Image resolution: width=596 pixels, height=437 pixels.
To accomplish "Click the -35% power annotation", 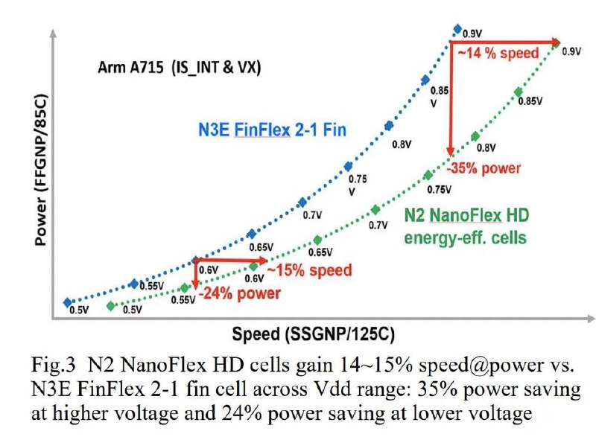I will [x=484, y=168].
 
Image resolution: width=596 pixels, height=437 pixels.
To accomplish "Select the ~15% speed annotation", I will [x=309, y=269].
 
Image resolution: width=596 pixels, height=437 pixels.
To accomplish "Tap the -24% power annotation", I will [x=238, y=293].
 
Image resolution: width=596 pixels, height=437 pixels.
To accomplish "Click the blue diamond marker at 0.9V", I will [x=457, y=29].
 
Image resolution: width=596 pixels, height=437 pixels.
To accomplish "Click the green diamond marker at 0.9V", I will [x=557, y=43].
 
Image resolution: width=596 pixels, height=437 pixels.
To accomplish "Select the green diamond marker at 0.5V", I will [x=110, y=305].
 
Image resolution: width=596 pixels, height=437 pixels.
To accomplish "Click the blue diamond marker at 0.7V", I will [x=302, y=202].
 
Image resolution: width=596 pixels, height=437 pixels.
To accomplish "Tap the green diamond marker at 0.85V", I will [x=517, y=92].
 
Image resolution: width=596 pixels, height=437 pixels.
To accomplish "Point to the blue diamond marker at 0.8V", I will [x=387, y=127].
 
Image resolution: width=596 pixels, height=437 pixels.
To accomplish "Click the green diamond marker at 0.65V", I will [x=317, y=240].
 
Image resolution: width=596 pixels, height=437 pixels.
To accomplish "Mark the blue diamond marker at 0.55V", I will [x=133, y=284].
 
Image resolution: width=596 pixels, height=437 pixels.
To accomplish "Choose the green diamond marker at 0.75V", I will [x=428, y=175].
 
